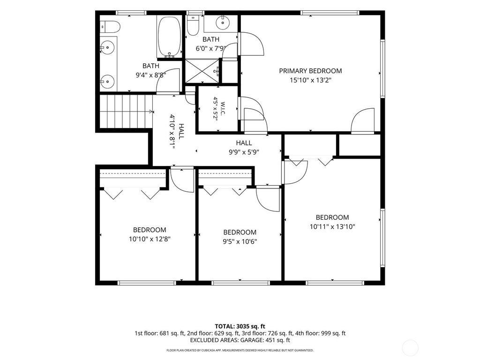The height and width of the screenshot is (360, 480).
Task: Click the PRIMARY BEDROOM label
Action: click(310, 71)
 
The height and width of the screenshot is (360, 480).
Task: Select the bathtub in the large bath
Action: click(170, 37)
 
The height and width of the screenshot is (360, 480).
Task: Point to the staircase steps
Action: click(126, 111)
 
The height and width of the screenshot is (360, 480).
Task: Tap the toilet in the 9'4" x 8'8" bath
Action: click(110, 27)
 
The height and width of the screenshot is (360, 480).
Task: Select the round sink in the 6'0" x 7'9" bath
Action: click(223, 22)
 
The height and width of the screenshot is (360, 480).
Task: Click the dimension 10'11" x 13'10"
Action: click(332, 227)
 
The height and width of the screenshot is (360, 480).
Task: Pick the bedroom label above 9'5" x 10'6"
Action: click(240, 232)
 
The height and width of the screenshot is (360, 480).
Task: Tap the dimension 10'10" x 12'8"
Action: click(150, 239)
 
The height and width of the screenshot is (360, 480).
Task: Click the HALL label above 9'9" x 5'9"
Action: click(244, 142)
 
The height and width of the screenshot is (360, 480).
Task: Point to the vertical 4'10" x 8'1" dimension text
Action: click(172, 132)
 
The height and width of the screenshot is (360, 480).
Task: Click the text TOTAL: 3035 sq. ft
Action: click(240, 326)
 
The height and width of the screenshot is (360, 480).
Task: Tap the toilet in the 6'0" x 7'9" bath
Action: click(193, 25)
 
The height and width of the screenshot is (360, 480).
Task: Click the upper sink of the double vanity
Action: click(107, 48)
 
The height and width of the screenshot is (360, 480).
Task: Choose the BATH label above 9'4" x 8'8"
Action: click(151, 66)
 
